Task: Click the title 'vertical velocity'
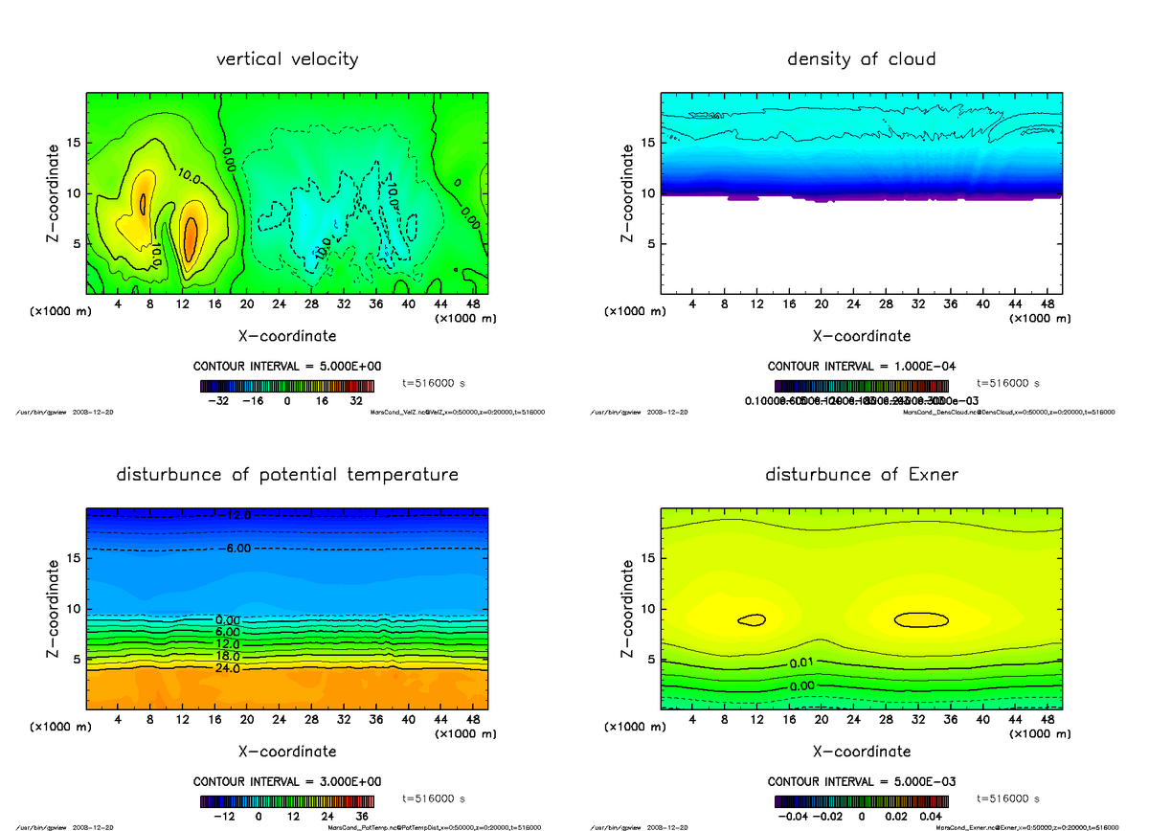(287, 59)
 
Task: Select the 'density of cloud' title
(861, 59)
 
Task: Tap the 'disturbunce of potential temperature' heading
(287, 475)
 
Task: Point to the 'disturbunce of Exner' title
(861, 475)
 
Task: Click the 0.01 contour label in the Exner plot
(802, 663)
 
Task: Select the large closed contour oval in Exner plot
(921, 619)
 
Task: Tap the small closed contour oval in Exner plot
(753, 619)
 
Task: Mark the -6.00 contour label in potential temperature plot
(234, 549)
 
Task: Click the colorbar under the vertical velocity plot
(287, 387)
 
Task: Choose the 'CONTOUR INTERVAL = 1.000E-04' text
(862, 367)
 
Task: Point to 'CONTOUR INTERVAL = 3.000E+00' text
(287, 781)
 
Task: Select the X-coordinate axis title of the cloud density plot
(861, 336)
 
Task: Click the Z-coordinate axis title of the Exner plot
(628, 608)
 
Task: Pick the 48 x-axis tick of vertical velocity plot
(470, 303)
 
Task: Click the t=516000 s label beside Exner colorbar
(1007, 798)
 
